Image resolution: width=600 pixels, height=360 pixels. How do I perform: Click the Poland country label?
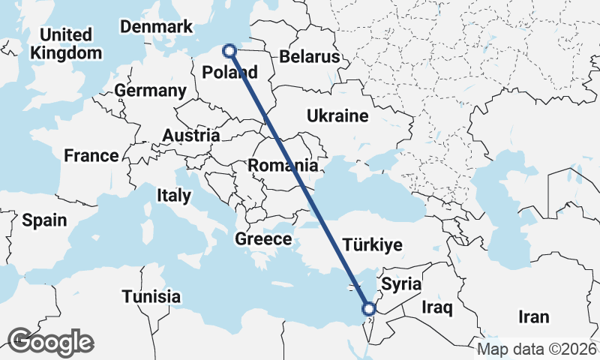click(x=231, y=73)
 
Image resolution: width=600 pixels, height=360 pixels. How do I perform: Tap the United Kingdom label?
click(x=66, y=44)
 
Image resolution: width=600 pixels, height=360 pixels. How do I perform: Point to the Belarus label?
click(x=309, y=57)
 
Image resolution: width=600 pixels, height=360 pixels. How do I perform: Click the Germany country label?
click(x=151, y=91)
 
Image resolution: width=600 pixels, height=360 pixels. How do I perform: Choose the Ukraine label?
click(x=337, y=116)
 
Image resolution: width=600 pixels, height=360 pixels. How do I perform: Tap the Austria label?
click(x=193, y=136)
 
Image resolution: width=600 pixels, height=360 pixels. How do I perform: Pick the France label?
click(x=91, y=156)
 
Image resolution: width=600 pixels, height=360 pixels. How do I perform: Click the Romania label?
click(x=283, y=165)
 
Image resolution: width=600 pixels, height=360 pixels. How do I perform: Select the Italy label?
click(x=174, y=195)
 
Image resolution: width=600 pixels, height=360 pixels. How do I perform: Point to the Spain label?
click(x=44, y=220)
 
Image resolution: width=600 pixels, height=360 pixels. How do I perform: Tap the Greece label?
click(x=263, y=239)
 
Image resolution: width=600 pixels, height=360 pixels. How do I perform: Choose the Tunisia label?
click(x=151, y=295)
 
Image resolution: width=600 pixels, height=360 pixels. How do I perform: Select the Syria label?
click(x=401, y=285)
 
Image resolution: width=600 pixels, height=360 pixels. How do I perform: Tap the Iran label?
click(x=532, y=316)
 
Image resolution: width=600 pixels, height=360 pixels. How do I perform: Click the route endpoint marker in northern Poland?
click(x=229, y=51)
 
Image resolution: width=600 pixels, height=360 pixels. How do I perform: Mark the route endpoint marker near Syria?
click(x=368, y=308)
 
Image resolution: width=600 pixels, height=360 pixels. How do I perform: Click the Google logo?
click(x=50, y=342)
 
